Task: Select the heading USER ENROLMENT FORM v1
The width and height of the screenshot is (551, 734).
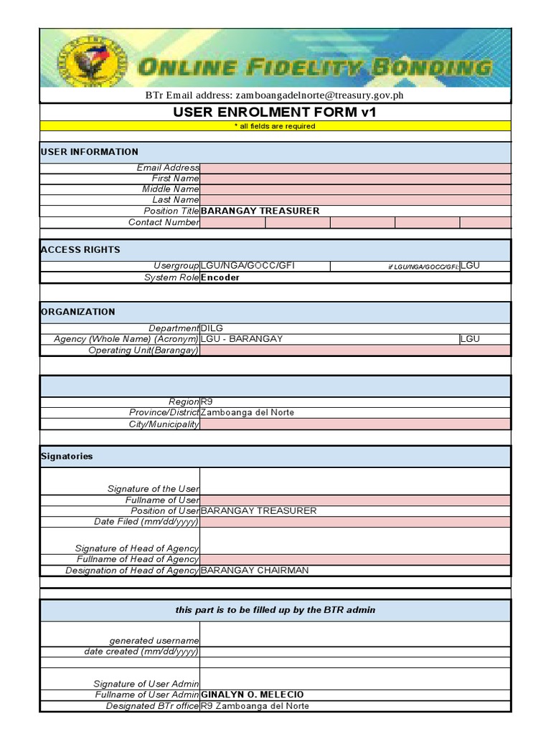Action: pyautogui.click(x=275, y=112)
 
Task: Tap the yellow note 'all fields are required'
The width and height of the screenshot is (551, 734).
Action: pyautogui.click(x=275, y=126)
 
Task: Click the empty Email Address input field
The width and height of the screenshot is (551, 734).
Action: pyautogui.click(x=355, y=168)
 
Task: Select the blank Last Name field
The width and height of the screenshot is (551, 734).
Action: pyautogui.click(x=355, y=200)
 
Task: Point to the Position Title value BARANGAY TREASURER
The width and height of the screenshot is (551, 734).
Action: pyautogui.click(x=260, y=211)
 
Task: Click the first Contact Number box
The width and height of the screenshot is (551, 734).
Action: pyautogui.click(x=232, y=222)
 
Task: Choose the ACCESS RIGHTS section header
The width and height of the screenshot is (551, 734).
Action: pyautogui.click(x=80, y=249)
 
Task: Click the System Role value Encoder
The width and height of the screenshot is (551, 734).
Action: pyautogui.click(x=220, y=277)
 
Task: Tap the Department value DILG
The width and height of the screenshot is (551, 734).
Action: pyautogui.click(x=212, y=328)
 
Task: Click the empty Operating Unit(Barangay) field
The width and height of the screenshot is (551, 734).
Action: pyautogui.click(x=355, y=351)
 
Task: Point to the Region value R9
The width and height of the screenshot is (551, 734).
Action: pyautogui.click(x=207, y=402)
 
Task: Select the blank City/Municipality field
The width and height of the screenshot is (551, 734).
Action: pyautogui.click(x=355, y=424)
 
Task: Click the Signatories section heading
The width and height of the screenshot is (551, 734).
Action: pyautogui.click(x=67, y=456)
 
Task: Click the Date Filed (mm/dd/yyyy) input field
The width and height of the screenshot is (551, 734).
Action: pyautogui.click(x=355, y=522)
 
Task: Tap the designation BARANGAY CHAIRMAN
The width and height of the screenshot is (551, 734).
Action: pyautogui.click(x=255, y=571)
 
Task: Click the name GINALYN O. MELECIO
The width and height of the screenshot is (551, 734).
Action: pyautogui.click(x=253, y=695)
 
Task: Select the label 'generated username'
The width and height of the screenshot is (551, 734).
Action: pyautogui.click(x=154, y=640)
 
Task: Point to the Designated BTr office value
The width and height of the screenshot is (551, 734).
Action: pyautogui.click(x=255, y=706)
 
